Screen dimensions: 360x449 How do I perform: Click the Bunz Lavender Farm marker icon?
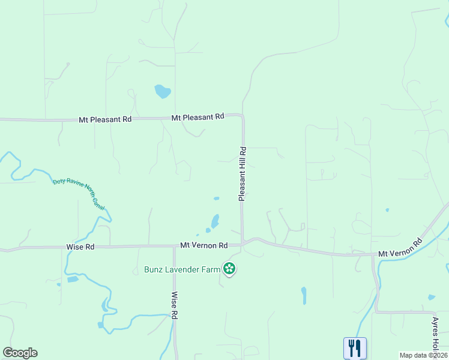(x=229, y=269)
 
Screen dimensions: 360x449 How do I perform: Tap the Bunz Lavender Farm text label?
(x=182, y=269)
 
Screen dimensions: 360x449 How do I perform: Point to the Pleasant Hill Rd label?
(x=243, y=173)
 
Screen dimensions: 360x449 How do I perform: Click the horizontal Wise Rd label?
(x=80, y=247)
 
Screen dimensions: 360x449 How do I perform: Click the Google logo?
(x=20, y=353)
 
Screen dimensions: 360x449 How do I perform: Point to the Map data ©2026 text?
(x=423, y=355)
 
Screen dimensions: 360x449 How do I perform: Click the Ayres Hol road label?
(x=436, y=335)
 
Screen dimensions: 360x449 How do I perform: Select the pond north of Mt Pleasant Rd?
(x=162, y=91)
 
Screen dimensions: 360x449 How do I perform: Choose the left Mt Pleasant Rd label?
(x=105, y=119)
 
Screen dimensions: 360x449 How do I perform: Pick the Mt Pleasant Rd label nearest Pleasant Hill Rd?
(x=197, y=117)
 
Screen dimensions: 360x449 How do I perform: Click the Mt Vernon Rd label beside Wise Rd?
(x=204, y=245)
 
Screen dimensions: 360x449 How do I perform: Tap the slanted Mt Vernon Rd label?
(x=400, y=249)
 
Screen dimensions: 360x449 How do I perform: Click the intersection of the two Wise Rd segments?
(x=174, y=247)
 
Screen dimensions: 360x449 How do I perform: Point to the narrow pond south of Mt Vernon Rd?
(x=304, y=295)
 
